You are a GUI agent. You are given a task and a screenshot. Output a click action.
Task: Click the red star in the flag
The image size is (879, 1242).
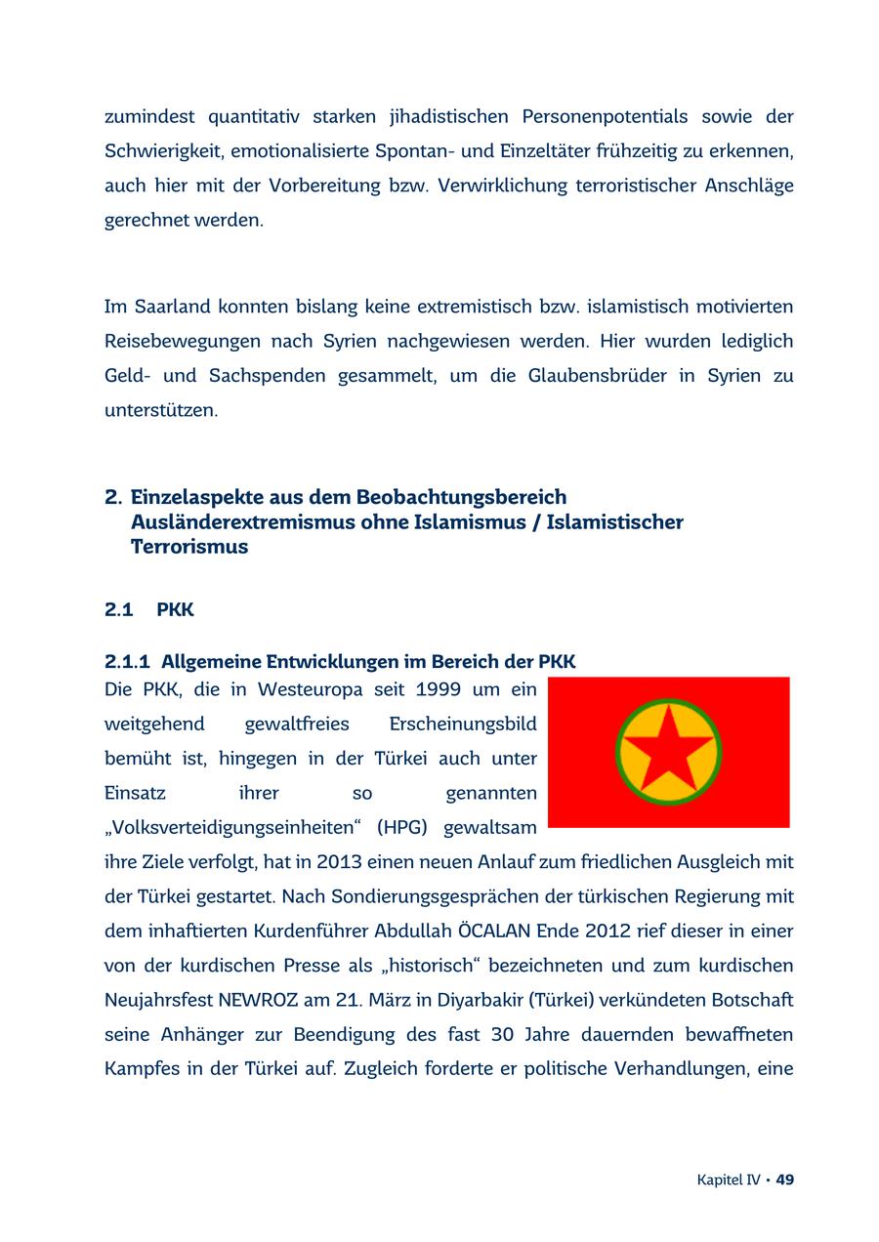(x=668, y=750)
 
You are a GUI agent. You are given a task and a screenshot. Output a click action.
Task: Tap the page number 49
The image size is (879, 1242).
(x=785, y=1180)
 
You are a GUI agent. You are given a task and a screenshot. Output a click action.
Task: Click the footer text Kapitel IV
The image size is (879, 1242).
(x=728, y=1180)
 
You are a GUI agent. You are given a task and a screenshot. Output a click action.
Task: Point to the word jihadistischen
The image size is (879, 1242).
(x=449, y=117)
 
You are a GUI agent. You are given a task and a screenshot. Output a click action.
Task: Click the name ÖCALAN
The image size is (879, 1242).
(x=497, y=931)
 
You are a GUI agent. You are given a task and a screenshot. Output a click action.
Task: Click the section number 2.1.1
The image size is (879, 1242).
(x=127, y=662)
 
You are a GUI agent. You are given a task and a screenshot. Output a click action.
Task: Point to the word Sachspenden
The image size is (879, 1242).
(x=267, y=376)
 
